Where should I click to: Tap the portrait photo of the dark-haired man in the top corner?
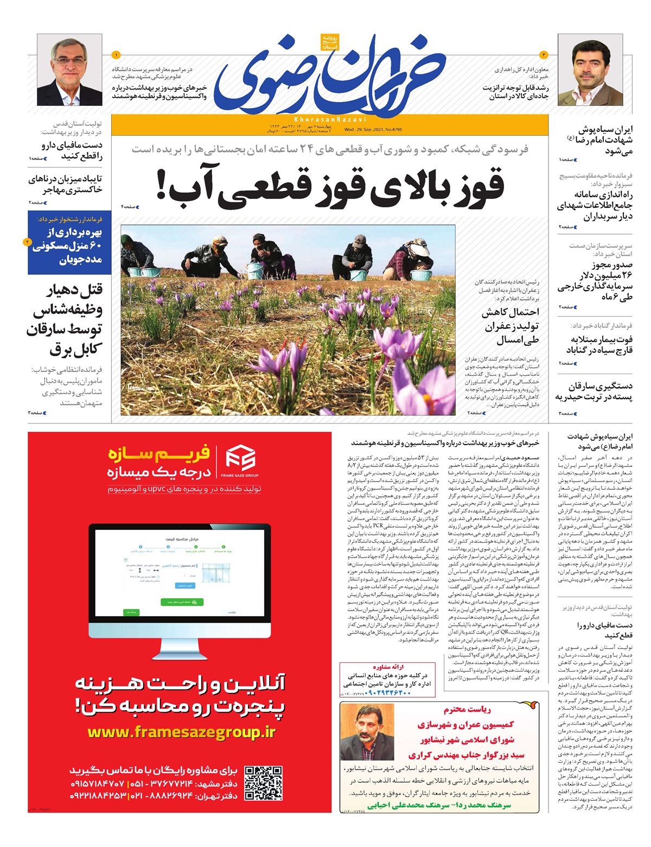[x=590, y=69]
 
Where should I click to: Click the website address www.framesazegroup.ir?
[x=181, y=732]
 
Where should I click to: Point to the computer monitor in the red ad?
[x=180, y=580]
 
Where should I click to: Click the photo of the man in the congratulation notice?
[x=367, y=731]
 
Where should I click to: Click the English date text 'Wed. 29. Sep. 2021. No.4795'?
[x=373, y=130]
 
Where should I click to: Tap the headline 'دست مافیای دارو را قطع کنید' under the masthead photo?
[x=72, y=150]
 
